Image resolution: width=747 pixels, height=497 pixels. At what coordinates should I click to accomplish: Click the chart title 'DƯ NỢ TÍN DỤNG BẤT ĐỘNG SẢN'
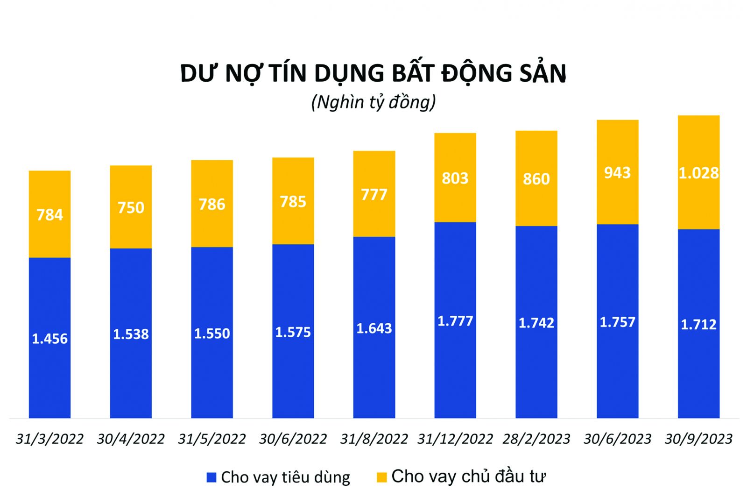(x=373, y=73)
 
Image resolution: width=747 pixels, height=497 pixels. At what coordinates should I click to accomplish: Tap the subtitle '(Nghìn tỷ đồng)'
(x=373, y=102)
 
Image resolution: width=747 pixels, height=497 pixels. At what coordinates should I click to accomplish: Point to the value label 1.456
(x=49, y=339)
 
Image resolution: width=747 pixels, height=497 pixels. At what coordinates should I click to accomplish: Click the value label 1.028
(x=698, y=173)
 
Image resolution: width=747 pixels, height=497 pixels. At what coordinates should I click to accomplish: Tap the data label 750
(x=131, y=207)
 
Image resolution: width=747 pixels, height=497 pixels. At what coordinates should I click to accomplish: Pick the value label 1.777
(x=455, y=321)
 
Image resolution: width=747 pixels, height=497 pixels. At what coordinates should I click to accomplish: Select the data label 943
(x=617, y=173)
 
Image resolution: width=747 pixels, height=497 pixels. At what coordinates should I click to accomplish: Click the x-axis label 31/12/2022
(x=455, y=439)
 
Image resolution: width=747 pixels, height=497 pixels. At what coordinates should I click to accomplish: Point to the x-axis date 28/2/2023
(x=536, y=439)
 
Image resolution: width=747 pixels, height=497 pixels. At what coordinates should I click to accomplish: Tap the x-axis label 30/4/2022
(x=131, y=439)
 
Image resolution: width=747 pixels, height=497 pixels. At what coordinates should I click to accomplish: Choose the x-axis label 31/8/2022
(x=374, y=439)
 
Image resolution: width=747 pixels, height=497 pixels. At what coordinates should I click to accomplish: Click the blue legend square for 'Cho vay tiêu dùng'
(x=211, y=477)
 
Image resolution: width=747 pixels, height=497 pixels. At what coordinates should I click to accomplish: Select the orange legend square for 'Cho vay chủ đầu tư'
(x=382, y=477)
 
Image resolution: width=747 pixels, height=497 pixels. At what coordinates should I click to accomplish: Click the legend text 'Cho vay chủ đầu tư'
(x=468, y=476)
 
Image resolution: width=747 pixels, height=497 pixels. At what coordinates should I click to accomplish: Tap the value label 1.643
(x=374, y=328)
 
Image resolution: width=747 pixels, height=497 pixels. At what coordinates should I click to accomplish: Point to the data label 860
(x=536, y=179)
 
